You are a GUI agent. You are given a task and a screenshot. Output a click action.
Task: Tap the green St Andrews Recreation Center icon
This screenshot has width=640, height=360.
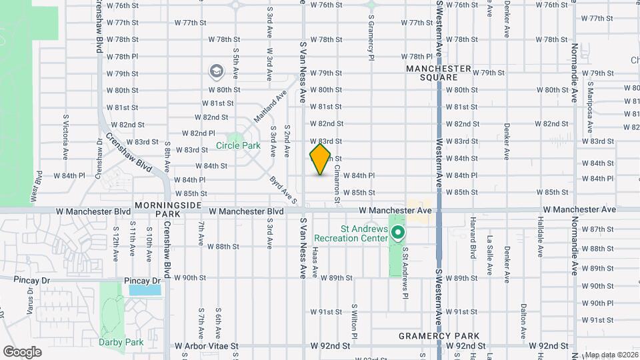(x=398, y=233)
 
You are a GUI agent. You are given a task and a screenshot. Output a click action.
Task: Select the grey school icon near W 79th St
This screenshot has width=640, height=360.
(x=216, y=71)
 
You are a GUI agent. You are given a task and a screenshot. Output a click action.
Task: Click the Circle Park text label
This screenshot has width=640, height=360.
(x=238, y=145)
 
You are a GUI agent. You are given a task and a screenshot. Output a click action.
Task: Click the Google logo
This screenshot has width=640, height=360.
(x=22, y=352)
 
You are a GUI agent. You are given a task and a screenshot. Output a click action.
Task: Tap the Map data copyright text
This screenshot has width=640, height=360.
(x=611, y=355)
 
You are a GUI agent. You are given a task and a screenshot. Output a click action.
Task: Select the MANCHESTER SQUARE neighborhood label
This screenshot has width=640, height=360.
(x=438, y=73)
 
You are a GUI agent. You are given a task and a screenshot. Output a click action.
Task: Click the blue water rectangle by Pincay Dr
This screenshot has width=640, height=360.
(x=145, y=289)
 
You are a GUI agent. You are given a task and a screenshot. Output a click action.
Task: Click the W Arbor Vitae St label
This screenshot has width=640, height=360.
(x=207, y=347)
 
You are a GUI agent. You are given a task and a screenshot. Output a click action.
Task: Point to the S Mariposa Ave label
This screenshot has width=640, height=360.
(x=589, y=100)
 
